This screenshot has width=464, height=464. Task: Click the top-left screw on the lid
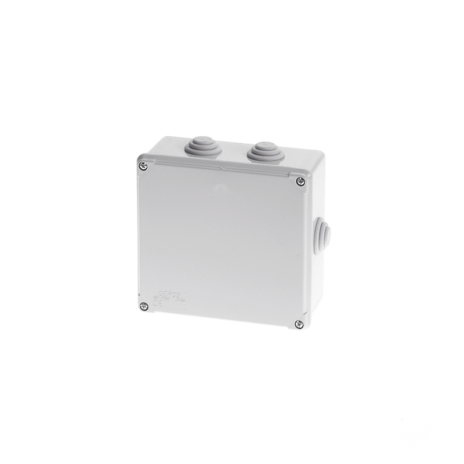(x=144, y=167)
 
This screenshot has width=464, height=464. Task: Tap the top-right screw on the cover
(x=300, y=182)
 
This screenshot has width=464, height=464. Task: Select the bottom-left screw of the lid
(x=143, y=306)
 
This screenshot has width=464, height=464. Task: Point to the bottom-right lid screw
(x=298, y=324)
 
